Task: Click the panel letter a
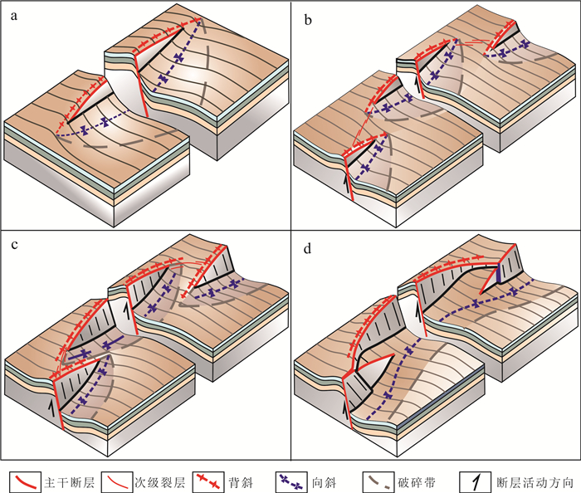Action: pyautogui.click(x=16, y=14)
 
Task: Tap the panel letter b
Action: pyautogui.click(x=307, y=14)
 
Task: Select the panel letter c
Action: pyautogui.click(x=16, y=247)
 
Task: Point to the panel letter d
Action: pyautogui.click(x=307, y=247)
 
